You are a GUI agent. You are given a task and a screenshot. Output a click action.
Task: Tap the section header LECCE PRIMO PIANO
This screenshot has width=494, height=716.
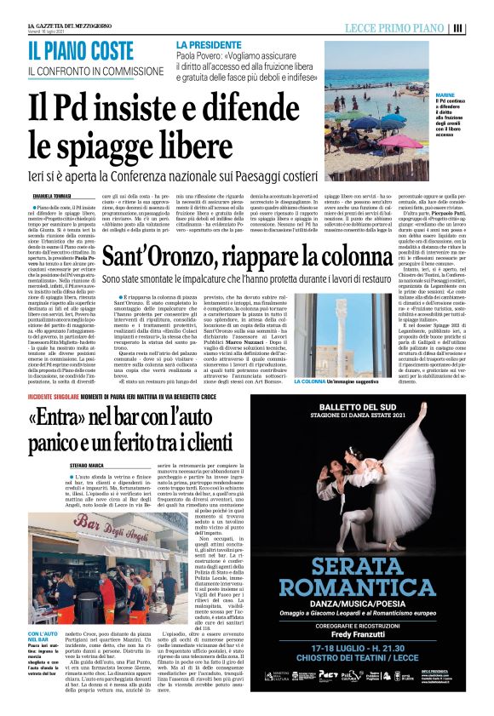click(x=411, y=27)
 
